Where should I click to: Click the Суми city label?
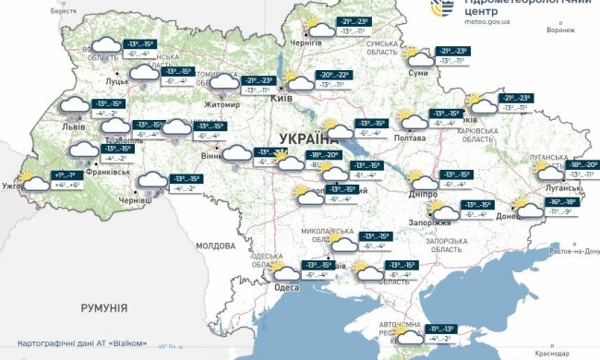[x=417, y=72]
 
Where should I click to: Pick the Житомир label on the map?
[x=222, y=104]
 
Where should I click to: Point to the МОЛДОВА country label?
[x=215, y=246]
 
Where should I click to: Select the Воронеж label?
[x=560, y=29]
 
